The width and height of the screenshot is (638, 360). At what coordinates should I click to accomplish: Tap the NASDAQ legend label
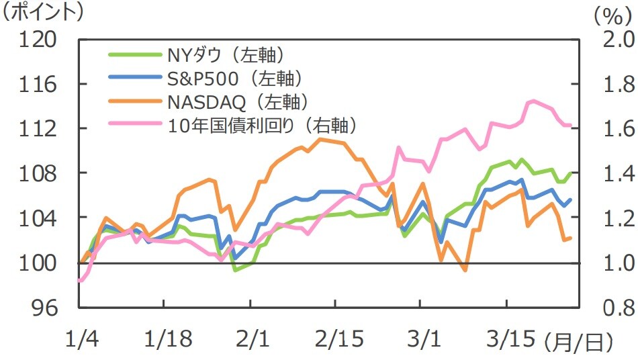pyautogui.click(x=238, y=101)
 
